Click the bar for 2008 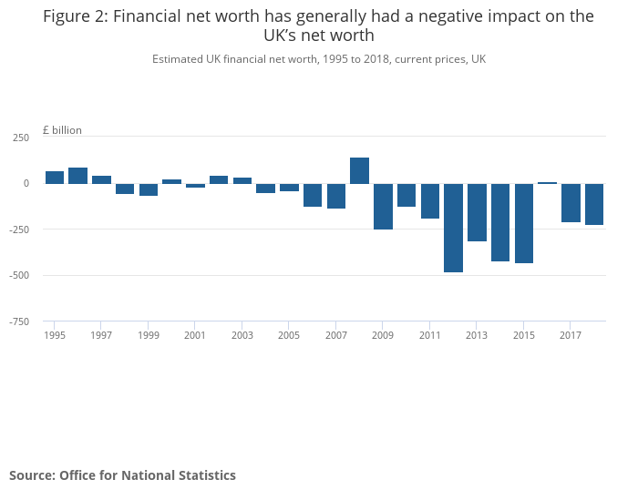(359, 170)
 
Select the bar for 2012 (453, 228)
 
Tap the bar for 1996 (78, 176)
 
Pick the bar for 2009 (383, 206)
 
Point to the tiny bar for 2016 (547, 183)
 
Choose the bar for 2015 (523, 223)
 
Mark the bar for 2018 (594, 204)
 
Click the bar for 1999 (149, 189)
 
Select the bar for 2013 (477, 212)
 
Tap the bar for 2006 (313, 195)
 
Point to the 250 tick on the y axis (21, 138)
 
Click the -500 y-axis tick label (18, 275)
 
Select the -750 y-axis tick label (18, 321)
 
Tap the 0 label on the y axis (26, 183)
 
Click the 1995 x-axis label (55, 335)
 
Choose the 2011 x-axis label (429, 335)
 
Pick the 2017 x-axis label (570, 335)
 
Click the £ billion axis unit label (62, 130)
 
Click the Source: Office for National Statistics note (122, 475)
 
